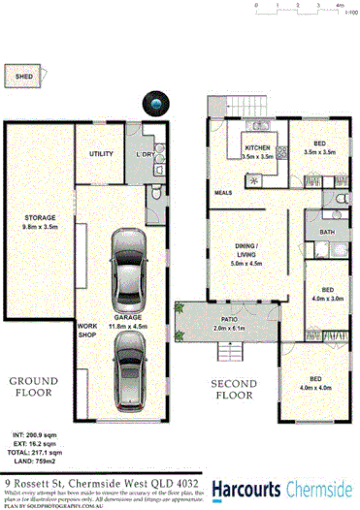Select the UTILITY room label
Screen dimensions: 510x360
pos(102,153)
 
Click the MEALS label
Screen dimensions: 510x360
pos(222,192)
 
